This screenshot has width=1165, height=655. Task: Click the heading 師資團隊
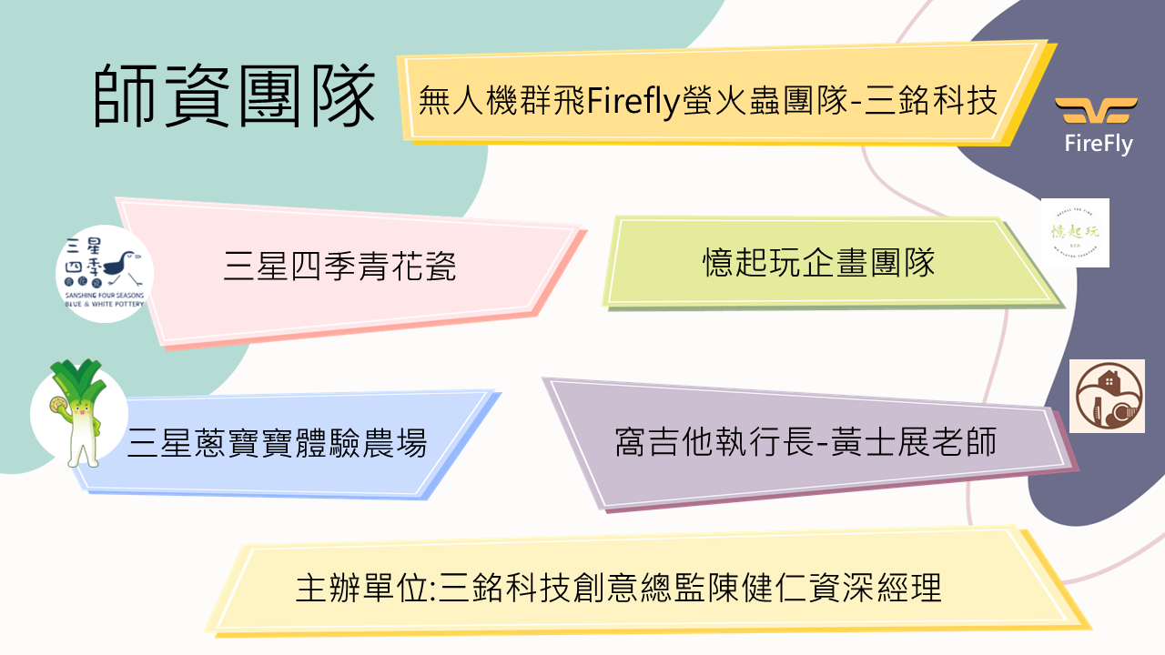pyautogui.click(x=234, y=95)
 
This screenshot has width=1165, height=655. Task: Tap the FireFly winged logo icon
pyautogui.click(x=1098, y=112)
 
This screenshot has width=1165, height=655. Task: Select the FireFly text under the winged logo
pyautogui.click(x=1099, y=144)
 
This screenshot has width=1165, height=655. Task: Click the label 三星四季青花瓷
pyautogui.click(x=340, y=267)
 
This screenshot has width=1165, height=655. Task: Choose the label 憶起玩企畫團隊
pyautogui.click(x=819, y=263)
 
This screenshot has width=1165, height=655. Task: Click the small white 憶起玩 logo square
pyautogui.click(x=1075, y=233)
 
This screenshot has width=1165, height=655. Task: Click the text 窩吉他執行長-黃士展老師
pyautogui.click(x=806, y=443)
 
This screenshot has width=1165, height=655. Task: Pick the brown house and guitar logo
pyautogui.click(x=1107, y=396)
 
